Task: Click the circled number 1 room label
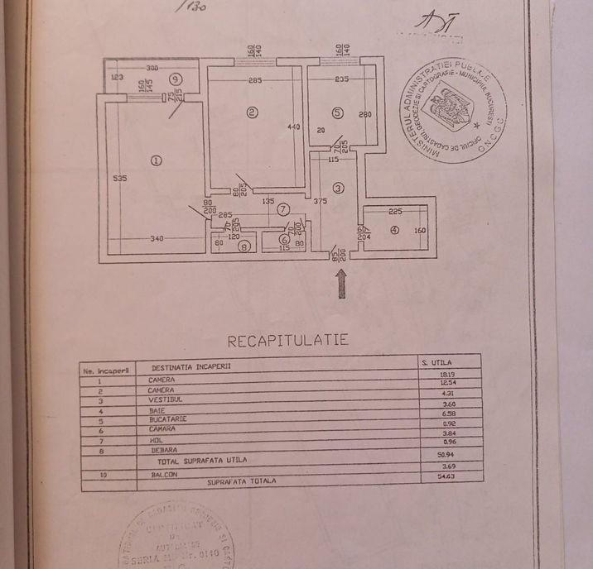click(x=157, y=160)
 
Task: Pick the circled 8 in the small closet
click(x=243, y=246)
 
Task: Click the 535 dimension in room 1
click(x=119, y=179)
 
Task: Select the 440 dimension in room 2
click(x=291, y=127)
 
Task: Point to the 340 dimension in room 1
click(x=157, y=239)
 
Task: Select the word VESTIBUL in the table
click(x=167, y=399)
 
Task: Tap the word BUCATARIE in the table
click(x=170, y=419)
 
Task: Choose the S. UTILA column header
click(x=435, y=361)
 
